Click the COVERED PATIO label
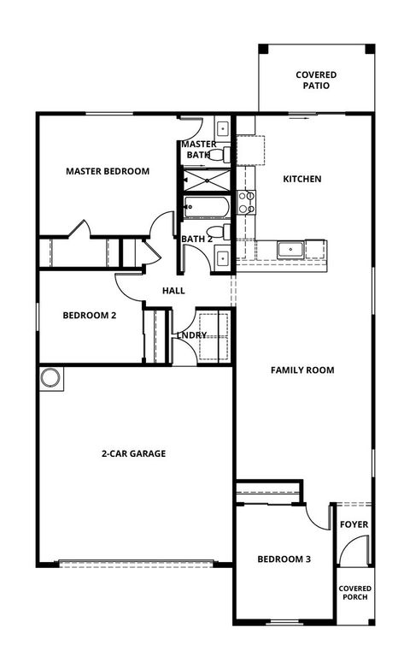point(315,80)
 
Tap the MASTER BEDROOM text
point(108,171)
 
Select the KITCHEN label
point(302,180)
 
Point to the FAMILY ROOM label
point(302,370)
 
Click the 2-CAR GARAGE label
point(132,453)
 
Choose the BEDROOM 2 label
point(89,315)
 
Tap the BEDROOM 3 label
point(284,559)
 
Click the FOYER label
point(354,524)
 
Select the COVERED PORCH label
point(354,593)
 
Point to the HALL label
point(173,292)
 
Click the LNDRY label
point(191,334)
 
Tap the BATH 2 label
point(196,239)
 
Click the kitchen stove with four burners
point(246,202)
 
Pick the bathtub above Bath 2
point(206,208)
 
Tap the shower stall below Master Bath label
point(206,181)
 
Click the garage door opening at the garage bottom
point(135,563)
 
